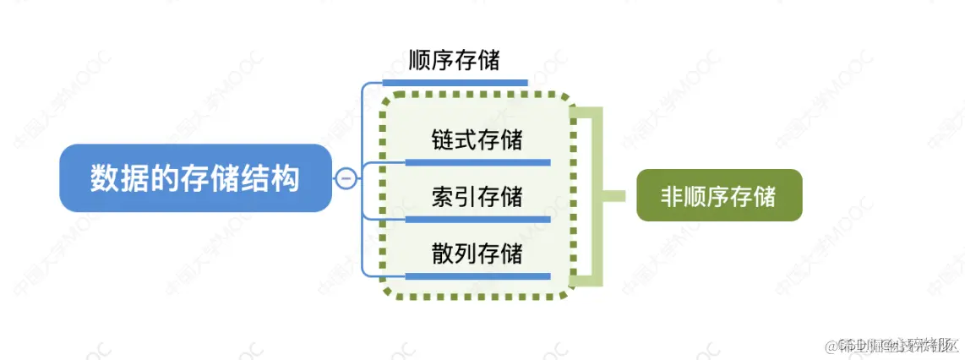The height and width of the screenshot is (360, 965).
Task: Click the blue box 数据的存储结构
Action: click(194, 178)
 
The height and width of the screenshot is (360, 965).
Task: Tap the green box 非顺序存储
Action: click(718, 196)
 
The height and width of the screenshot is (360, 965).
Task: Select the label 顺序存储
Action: click(454, 61)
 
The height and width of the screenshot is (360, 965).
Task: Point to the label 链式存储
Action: click(477, 139)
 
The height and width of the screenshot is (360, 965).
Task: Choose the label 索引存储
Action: click(477, 197)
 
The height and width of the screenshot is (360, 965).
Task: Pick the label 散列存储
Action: click(477, 253)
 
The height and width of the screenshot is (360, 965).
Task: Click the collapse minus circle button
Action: click(346, 178)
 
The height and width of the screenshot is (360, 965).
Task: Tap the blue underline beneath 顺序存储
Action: click(455, 83)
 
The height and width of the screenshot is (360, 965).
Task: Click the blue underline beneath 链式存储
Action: click(477, 161)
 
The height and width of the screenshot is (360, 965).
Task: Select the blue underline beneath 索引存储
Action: click(477, 219)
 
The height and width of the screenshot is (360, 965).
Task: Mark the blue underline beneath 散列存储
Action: click(477, 275)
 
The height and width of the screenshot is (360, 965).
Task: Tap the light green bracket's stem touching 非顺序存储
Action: click(619, 196)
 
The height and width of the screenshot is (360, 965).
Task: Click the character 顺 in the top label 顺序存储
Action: click(420, 61)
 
